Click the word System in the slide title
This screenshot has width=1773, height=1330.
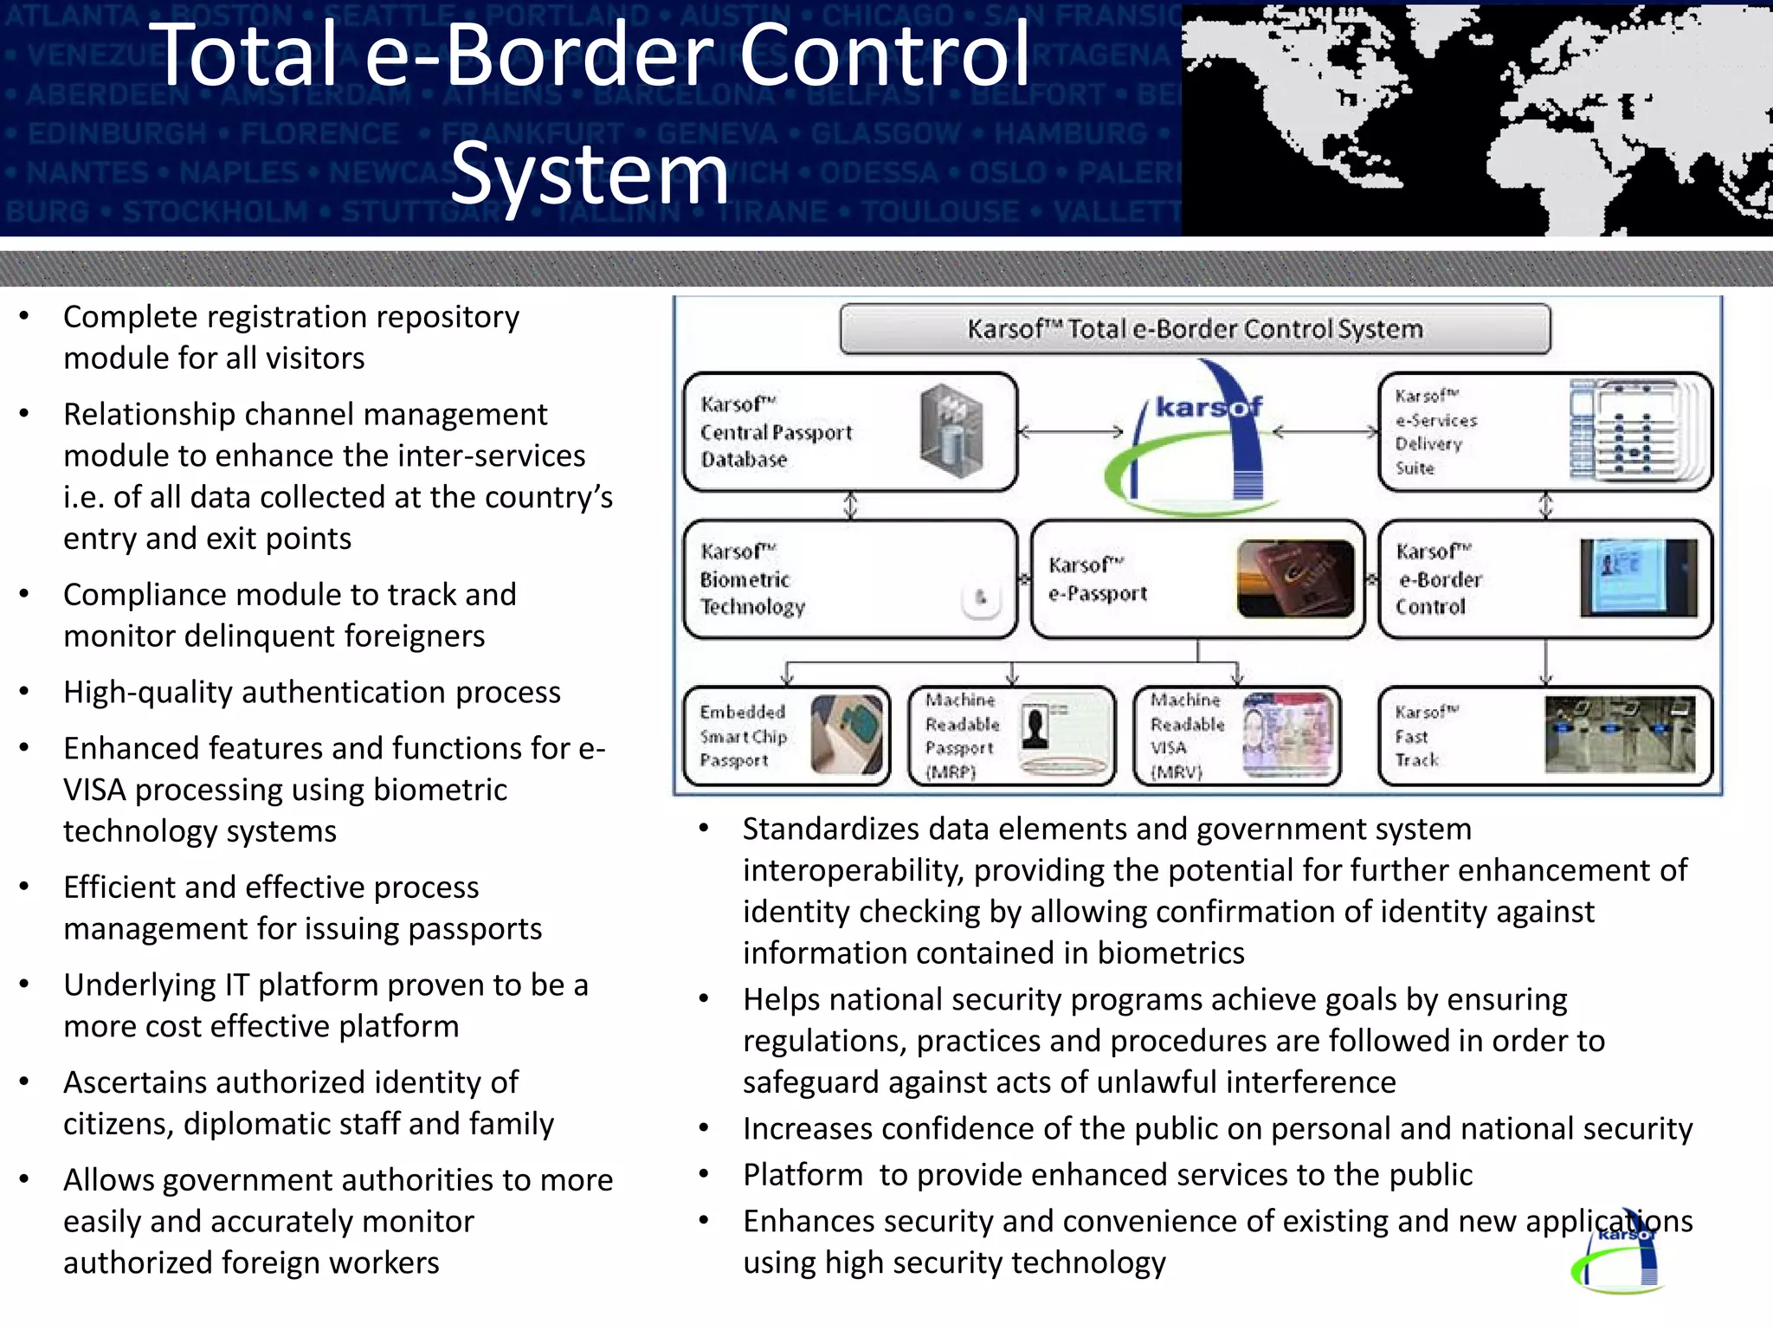590,175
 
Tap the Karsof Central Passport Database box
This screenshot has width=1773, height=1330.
849,432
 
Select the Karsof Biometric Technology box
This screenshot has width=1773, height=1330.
849,579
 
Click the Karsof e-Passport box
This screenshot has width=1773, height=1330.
1197,579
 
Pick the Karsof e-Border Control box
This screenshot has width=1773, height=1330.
1545,579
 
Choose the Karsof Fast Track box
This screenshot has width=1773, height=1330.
1545,736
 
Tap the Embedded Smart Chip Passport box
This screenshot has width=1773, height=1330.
786,736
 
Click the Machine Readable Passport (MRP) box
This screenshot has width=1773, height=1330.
1011,736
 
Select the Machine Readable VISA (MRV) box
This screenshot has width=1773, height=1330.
1236,736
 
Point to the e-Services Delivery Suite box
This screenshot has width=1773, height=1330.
1545,432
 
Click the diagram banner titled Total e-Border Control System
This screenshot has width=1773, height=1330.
1195,329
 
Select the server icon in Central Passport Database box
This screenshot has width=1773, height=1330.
951,431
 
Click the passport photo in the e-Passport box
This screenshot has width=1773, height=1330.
1295,578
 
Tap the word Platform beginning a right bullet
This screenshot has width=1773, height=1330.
803,1175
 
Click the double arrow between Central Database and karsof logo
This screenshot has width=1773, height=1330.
1070,431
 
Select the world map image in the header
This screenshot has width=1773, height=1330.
1476,119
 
